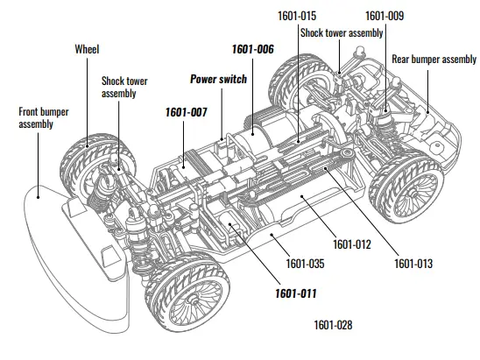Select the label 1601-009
384,15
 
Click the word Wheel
88,49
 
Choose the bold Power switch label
219,78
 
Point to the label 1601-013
413,262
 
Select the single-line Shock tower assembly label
342,32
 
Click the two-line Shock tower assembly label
124,87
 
